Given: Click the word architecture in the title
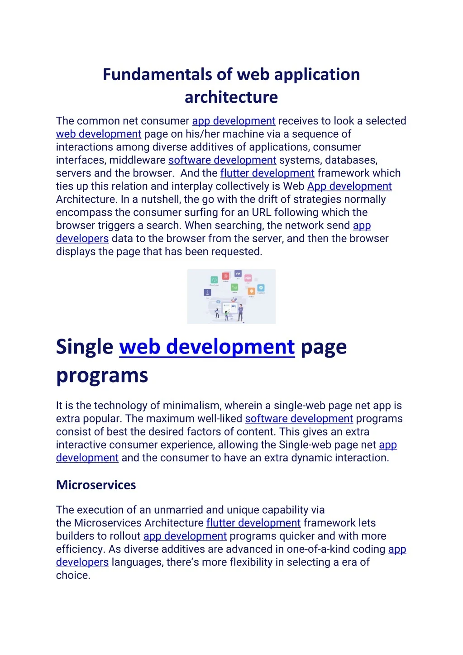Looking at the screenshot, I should [x=231, y=97].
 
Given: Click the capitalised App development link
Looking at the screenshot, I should [x=349, y=186].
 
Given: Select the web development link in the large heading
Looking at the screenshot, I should [x=207, y=347].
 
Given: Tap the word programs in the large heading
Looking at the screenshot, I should [x=102, y=376].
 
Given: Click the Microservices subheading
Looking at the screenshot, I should [x=96, y=485].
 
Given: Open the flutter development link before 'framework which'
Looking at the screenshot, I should [x=267, y=173].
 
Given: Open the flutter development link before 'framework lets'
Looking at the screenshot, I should [x=253, y=523].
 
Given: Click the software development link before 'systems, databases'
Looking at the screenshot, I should [x=222, y=160].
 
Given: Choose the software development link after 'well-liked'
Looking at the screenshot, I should [x=299, y=419].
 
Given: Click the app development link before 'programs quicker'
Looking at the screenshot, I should [x=185, y=536].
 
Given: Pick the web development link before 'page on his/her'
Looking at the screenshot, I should [x=99, y=134].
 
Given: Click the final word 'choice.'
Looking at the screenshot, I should [x=73, y=576].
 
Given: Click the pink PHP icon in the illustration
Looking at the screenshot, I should [x=248, y=278].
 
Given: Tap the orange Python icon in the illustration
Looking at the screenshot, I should [x=251, y=291].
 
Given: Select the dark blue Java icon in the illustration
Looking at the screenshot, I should [x=207, y=292].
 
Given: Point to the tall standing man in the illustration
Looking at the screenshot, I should [x=241, y=312].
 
